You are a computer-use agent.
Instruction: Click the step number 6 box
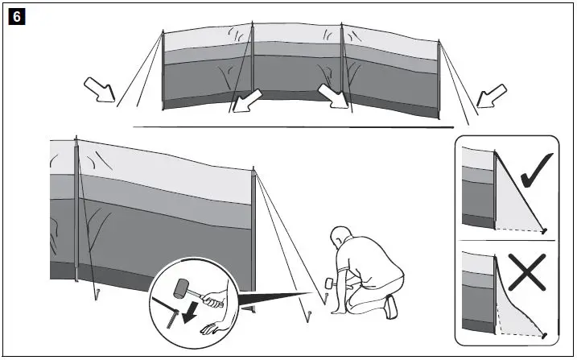tap(15, 16)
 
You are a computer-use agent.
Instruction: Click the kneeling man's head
tap(342, 238)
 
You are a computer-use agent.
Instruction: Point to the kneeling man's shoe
tap(390, 306)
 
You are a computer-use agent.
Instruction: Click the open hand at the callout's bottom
tap(211, 329)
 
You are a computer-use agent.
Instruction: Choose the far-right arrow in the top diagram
tap(488, 97)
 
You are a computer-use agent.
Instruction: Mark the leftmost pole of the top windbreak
tap(163, 71)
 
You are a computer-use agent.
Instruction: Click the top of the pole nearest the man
tap(253, 171)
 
